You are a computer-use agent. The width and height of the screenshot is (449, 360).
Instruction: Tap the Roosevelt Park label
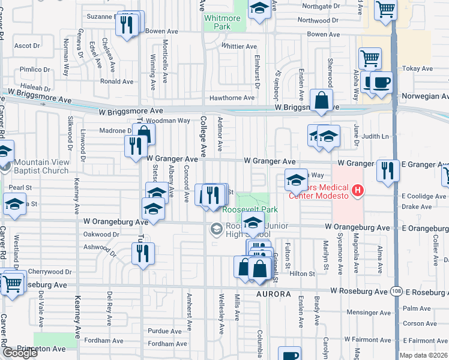(250, 210)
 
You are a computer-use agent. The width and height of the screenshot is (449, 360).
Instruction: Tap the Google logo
(20, 353)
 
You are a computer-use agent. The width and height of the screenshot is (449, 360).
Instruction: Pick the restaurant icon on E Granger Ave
(388, 170)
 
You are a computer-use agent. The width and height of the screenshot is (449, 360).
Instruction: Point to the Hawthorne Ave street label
(232, 98)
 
